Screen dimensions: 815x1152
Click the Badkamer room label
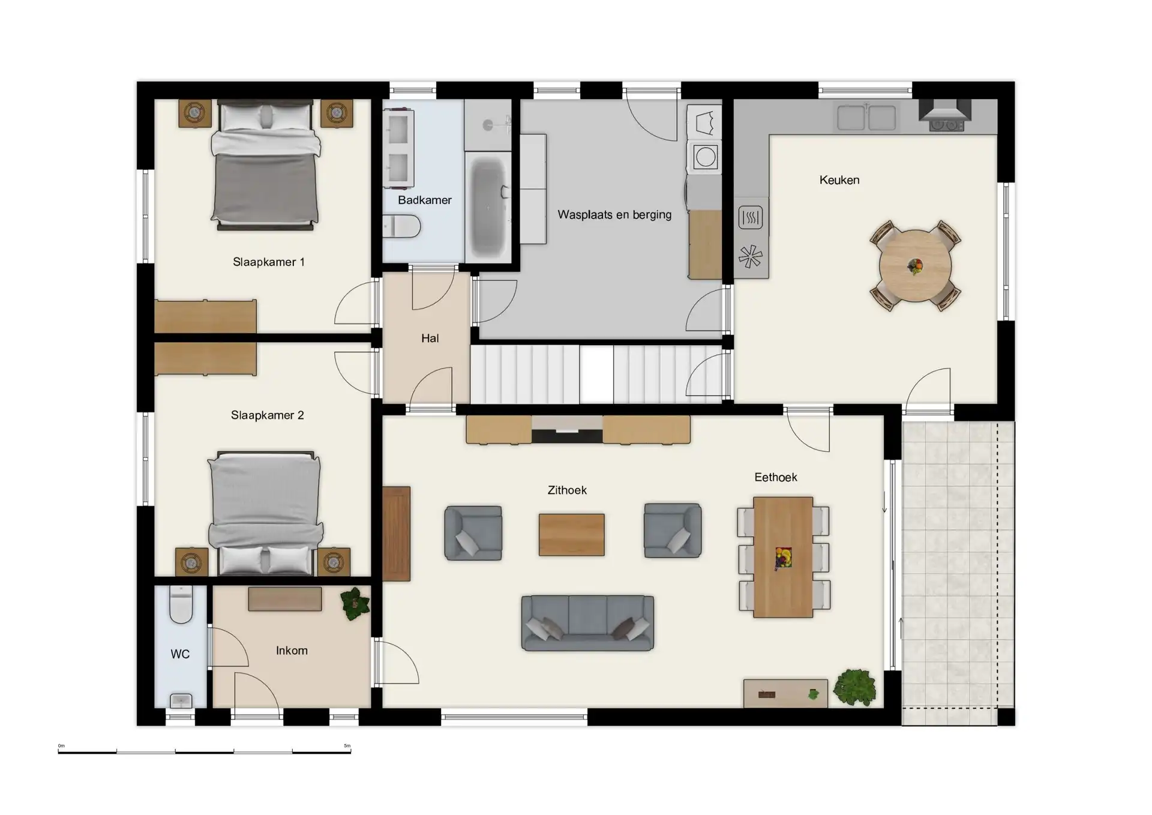424,200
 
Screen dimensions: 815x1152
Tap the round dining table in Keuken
915,266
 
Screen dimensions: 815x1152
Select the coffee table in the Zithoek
571,534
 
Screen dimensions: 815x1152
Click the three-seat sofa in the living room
587,623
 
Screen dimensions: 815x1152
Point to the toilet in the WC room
181,604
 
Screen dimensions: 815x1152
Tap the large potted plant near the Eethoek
854,687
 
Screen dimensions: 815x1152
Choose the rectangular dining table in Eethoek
783,557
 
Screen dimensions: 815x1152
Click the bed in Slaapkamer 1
265,165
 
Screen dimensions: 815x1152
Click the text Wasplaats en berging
614,215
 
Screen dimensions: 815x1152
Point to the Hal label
430,338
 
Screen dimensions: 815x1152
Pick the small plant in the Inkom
355,603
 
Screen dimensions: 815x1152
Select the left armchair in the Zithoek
473,533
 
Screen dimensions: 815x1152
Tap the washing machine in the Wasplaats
705,157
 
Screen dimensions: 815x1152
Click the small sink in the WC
181,700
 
